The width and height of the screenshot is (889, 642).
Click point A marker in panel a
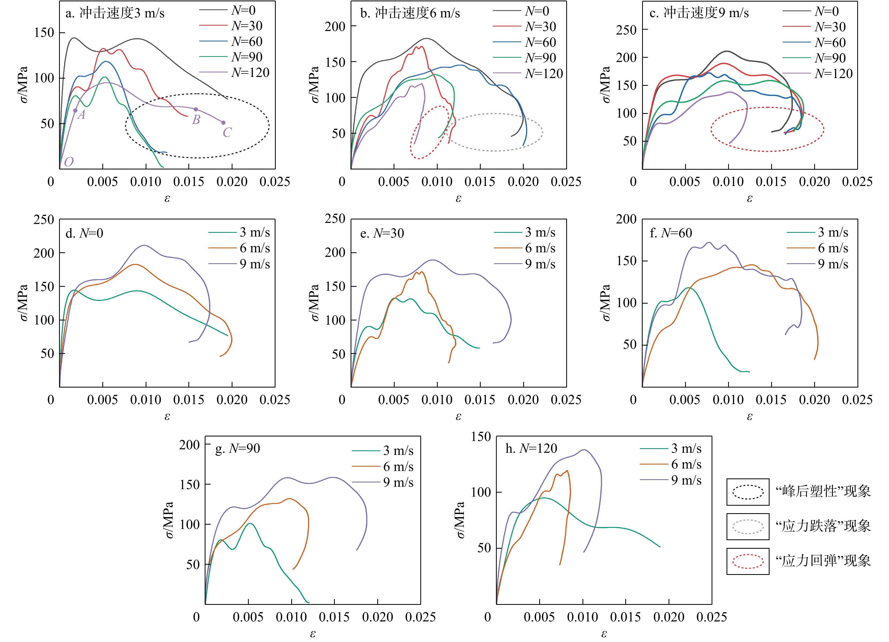coord(75,111)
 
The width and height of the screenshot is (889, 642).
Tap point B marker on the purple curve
coord(196,109)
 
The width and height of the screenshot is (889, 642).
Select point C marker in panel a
coord(223,123)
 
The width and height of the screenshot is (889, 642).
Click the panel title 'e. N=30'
coord(382,233)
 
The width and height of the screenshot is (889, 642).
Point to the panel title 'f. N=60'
coord(671,233)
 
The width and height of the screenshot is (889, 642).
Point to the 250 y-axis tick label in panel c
coord(626,30)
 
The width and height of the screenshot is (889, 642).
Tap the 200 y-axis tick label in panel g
coord(190,445)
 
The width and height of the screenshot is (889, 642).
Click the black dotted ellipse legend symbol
coord(748,492)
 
